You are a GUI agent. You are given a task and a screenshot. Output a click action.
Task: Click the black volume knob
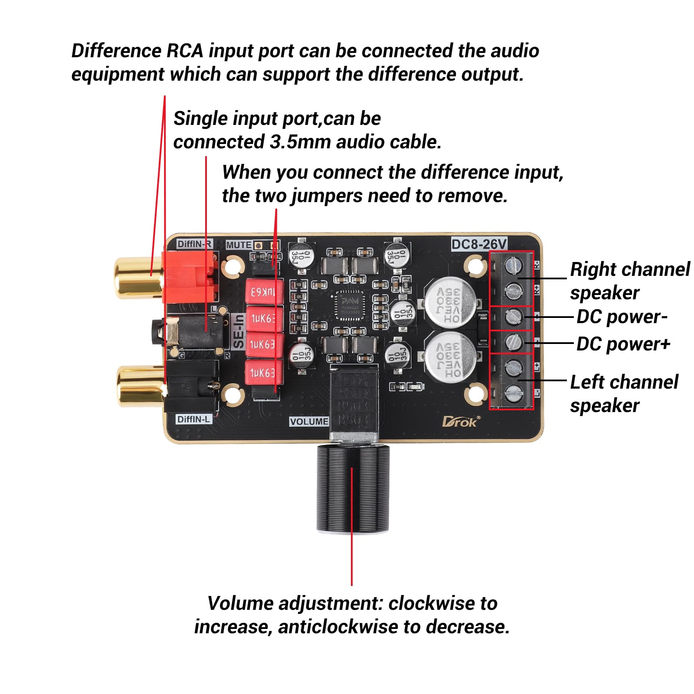pyautogui.click(x=352, y=488)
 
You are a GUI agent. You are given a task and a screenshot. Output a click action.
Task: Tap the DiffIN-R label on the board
pyautogui.click(x=194, y=244)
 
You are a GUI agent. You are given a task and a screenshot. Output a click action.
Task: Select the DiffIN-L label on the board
pyautogui.click(x=193, y=419)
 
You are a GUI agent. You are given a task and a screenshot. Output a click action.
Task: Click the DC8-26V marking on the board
pyautogui.click(x=479, y=244)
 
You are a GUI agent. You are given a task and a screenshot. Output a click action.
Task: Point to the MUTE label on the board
pyautogui.click(x=239, y=245)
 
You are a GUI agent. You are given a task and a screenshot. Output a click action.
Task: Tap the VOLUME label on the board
pyautogui.click(x=309, y=422)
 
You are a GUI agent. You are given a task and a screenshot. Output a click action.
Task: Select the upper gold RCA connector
pyautogui.click(x=138, y=278)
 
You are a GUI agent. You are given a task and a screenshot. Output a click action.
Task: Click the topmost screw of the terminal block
pyautogui.click(x=514, y=265)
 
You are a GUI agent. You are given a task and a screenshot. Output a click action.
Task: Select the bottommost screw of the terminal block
pyautogui.click(x=514, y=393)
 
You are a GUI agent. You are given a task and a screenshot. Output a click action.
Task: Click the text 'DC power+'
pyautogui.click(x=623, y=344)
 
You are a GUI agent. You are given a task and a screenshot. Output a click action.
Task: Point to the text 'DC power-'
pyautogui.click(x=622, y=317)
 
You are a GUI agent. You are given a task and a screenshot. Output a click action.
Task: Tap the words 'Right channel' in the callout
pyautogui.click(x=629, y=269)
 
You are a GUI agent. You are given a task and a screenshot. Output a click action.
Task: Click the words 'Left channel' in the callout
pyautogui.click(x=624, y=382)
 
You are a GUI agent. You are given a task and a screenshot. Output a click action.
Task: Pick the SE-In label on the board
pyautogui.click(x=239, y=331)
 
